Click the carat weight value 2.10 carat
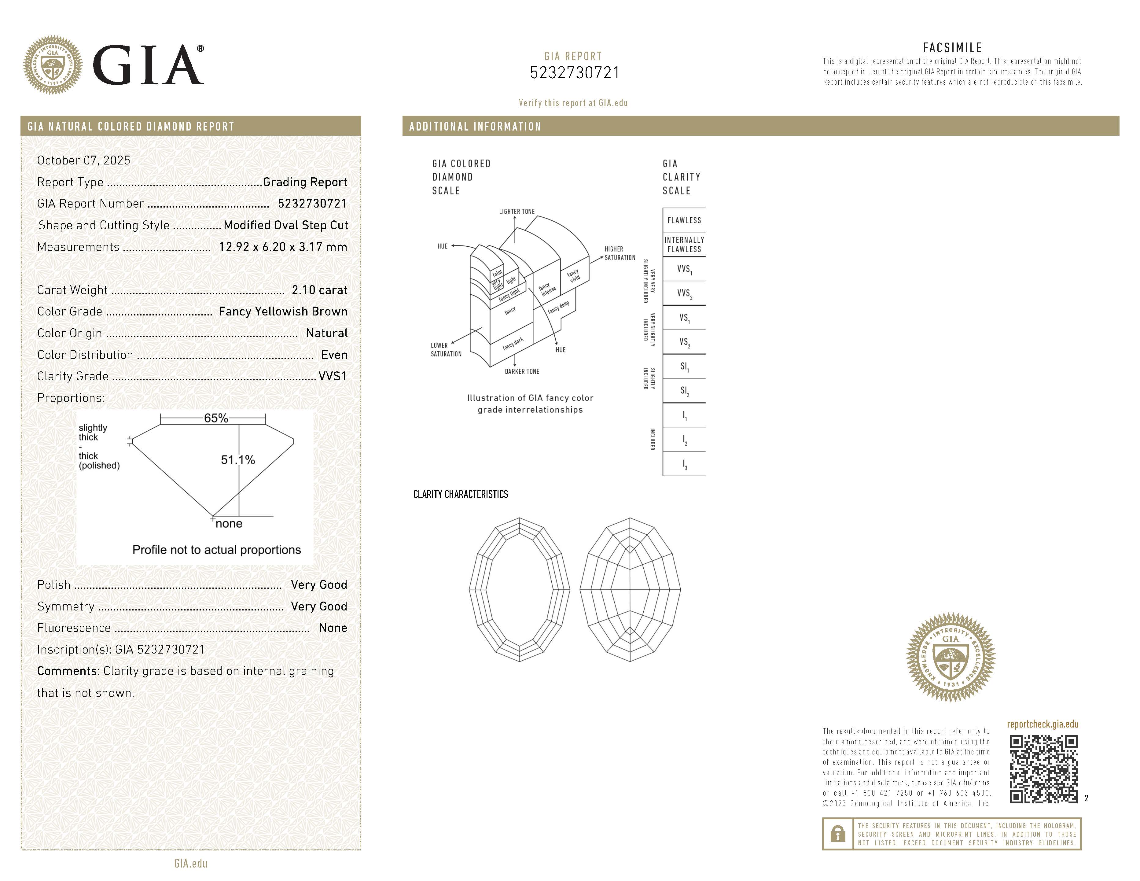point(319,290)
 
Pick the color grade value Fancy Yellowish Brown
point(283,311)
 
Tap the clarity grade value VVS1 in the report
point(333,376)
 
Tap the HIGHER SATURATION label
point(620,253)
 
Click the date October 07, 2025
point(83,160)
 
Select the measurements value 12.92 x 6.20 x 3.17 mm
point(282,247)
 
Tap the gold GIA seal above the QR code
point(951,657)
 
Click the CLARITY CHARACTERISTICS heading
point(460,494)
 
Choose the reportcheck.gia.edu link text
point(1043,724)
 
